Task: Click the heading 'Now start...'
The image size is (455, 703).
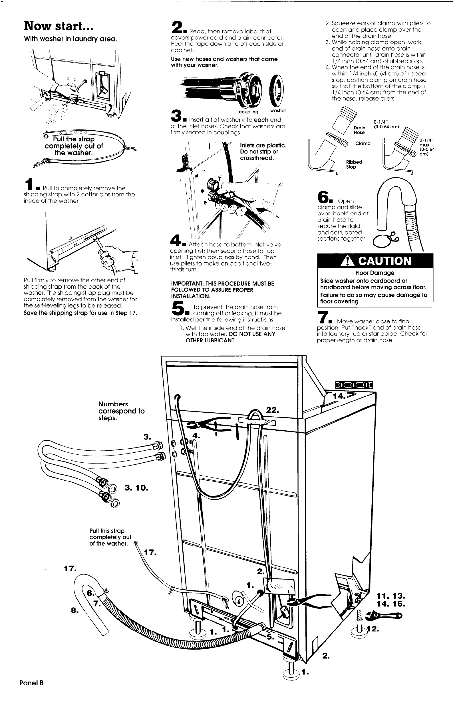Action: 59,26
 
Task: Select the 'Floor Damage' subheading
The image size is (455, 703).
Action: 375,273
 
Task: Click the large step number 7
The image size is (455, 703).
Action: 322,317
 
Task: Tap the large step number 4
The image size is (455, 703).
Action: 176,240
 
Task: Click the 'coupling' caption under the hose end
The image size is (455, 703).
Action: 248,112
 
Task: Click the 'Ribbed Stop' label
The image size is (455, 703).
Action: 354,165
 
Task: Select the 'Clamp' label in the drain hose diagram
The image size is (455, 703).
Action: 363,143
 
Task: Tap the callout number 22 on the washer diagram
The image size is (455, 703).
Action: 272,410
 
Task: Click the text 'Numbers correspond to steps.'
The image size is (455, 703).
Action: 121,411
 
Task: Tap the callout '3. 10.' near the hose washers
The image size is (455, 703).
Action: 136,488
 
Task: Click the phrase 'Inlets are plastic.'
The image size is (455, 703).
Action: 263,145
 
